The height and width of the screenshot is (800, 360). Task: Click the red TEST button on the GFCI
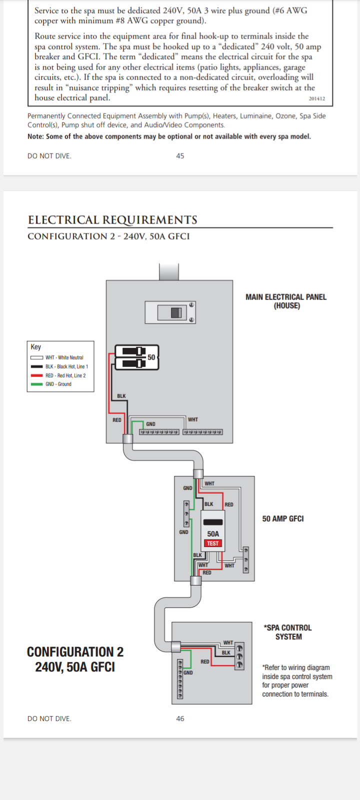click(213, 543)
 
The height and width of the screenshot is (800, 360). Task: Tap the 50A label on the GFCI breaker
click(213, 534)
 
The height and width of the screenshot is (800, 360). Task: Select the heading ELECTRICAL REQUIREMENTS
click(112, 220)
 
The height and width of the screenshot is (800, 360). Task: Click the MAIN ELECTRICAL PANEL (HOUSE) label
click(286, 301)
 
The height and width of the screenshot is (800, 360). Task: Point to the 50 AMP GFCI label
click(283, 519)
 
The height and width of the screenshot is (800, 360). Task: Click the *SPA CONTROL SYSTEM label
click(288, 632)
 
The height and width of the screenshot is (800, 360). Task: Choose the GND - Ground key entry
click(58, 384)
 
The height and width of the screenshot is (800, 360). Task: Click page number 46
click(180, 718)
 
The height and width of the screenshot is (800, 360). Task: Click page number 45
click(180, 156)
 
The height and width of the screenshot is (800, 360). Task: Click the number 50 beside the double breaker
click(151, 357)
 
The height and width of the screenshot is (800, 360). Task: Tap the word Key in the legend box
click(36, 347)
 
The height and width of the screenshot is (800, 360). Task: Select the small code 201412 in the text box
click(316, 98)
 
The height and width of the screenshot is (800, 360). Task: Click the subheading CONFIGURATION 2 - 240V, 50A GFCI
click(108, 236)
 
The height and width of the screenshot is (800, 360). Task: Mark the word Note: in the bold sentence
click(35, 136)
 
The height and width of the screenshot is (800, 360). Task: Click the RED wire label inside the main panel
click(116, 420)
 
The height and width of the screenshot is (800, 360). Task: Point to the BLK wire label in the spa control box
click(226, 652)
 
